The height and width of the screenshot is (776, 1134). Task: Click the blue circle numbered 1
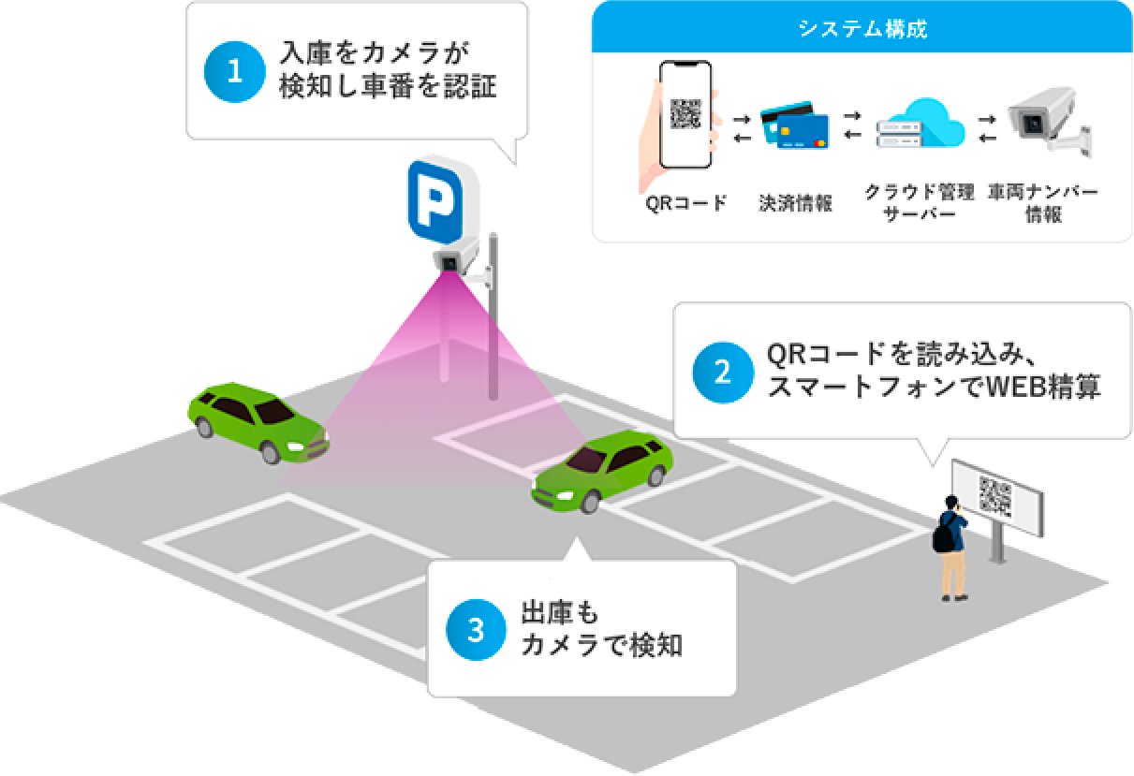pyautogui.click(x=234, y=71)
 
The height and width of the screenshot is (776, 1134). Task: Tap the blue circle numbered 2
pyautogui.click(x=723, y=372)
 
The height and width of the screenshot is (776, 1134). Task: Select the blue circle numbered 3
pyautogui.click(x=476, y=630)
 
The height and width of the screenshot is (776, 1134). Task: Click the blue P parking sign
pyautogui.click(x=435, y=201)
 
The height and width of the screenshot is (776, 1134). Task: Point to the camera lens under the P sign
pyautogui.click(x=449, y=263)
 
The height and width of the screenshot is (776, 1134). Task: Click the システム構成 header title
pyautogui.click(x=862, y=28)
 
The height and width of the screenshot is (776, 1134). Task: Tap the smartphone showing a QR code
pyautogui.click(x=685, y=114)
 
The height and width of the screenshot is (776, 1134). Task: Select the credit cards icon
pyautogui.click(x=795, y=125)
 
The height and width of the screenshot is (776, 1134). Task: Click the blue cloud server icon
pyautogui.click(x=920, y=124)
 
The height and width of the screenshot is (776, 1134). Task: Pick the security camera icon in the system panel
pyautogui.click(x=1049, y=122)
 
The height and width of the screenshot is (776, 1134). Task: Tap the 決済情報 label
pyautogui.click(x=795, y=203)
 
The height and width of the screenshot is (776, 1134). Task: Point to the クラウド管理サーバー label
pyautogui.click(x=920, y=202)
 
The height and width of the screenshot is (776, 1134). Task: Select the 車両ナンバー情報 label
pyautogui.click(x=1043, y=202)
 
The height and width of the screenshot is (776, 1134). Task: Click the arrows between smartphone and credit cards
pyautogui.click(x=742, y=128)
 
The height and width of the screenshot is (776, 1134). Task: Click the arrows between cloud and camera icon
pyautogui.click(x=987, y=128)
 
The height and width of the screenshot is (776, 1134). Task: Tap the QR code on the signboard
pyautogui.click(x=995, y=497)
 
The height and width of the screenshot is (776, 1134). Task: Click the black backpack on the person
pyautogui.click(x=944, y=533)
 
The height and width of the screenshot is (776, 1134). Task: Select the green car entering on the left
pyautogui.click(x=258, y=423)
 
